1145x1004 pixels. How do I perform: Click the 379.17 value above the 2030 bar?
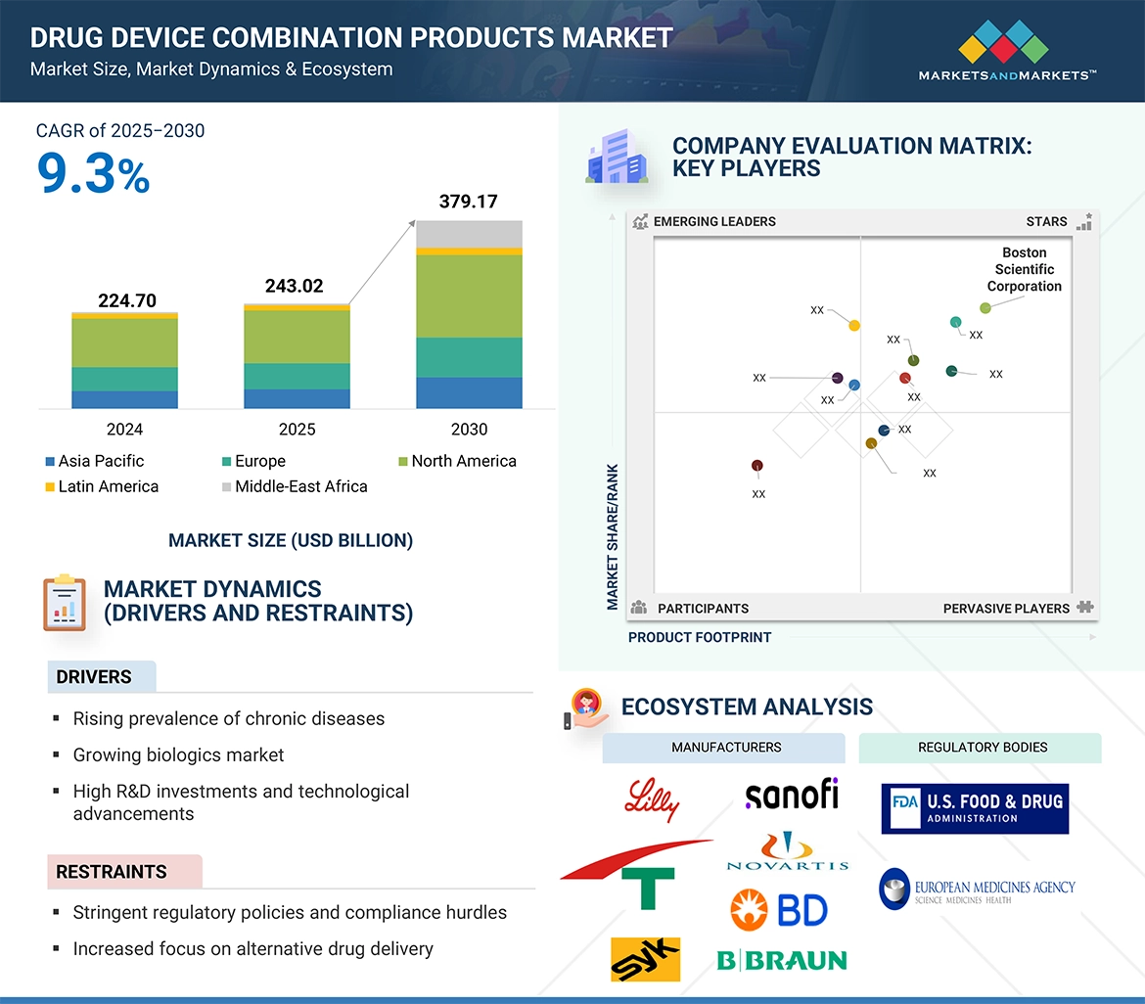(469, 202)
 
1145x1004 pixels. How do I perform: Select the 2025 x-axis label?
(297, 430)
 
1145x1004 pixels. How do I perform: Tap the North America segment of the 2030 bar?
(469, 297)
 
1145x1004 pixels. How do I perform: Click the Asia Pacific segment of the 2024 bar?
(124, 399)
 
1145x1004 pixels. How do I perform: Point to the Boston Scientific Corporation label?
(1024, 269)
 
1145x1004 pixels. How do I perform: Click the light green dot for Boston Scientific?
(985, 307)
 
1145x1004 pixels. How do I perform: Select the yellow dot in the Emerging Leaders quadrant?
(854, 325)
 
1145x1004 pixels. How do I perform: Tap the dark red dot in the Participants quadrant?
(756, 466)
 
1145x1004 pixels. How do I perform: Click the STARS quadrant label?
(1046, 221)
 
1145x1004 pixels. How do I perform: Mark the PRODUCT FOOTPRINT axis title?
(700, 637)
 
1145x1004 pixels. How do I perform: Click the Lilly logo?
(652, 799)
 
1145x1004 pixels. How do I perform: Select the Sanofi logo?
(792, 794)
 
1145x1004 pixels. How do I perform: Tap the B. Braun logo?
(782, 960)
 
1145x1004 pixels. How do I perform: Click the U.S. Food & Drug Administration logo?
(975, 808)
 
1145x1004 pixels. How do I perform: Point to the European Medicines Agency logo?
(977, 889)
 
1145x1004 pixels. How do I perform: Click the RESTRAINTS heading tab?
(112, 872)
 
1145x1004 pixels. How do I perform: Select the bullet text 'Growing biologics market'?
(178, 754)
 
